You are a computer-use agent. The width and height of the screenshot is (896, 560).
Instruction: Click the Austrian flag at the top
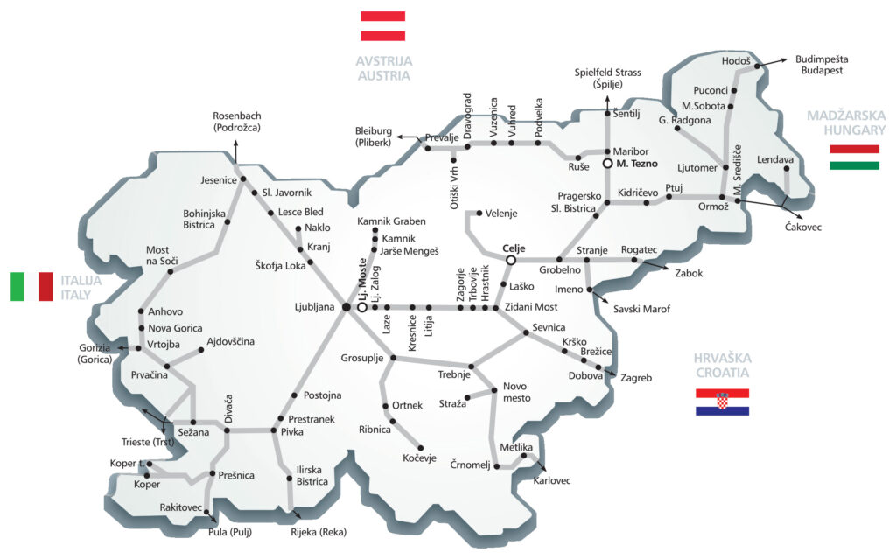tap(382, 25)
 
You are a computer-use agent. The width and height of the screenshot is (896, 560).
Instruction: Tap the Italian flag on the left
tap(31, 286)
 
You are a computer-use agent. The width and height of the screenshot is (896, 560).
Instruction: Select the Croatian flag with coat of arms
tap(722, 402)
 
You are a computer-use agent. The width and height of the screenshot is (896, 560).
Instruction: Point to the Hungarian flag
tap(854, 157)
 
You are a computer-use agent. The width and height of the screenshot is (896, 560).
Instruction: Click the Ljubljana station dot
tap(346, 307)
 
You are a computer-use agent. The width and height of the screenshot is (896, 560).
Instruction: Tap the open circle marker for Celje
tap(510, 260)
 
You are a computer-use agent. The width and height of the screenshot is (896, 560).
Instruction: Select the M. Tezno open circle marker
tap(607, 164)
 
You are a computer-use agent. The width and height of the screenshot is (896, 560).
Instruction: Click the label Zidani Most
tap(530, 307)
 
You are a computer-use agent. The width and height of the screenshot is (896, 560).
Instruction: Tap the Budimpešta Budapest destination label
tap(822, 65)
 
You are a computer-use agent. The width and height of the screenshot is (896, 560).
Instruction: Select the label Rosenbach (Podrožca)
tap(236, 121)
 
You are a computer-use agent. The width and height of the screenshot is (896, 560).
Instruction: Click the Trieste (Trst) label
tap(148, 441)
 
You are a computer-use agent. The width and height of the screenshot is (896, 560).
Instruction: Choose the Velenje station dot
tap(478, 213)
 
